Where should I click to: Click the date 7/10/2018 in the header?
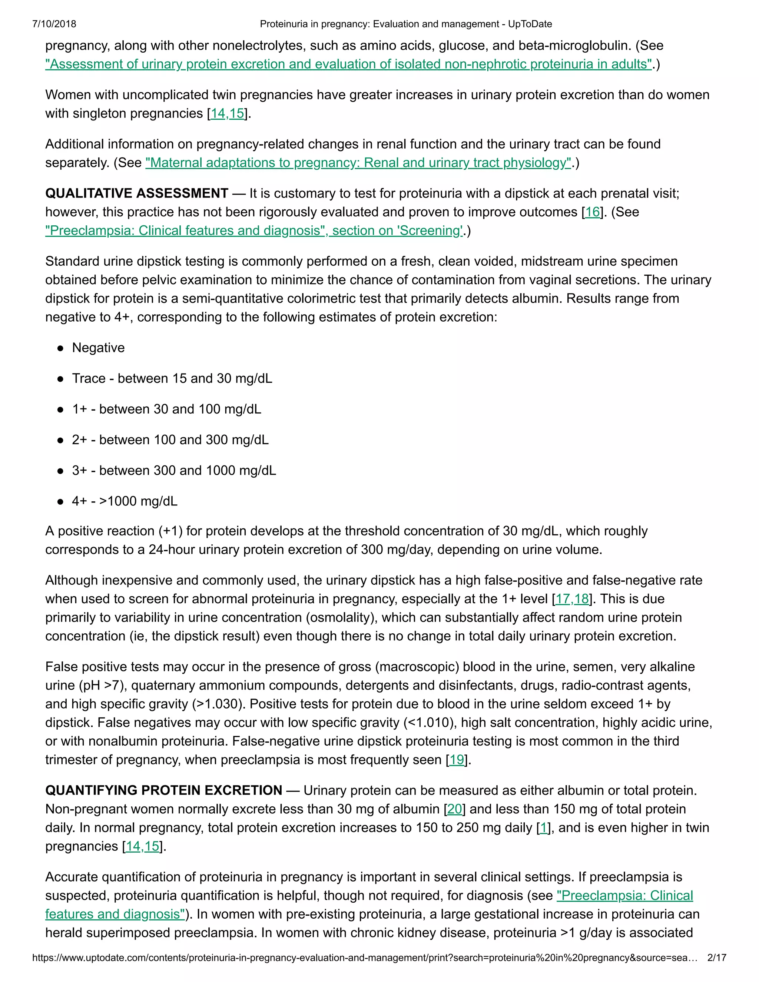click(54, 24)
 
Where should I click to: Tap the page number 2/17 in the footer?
click(717, 957)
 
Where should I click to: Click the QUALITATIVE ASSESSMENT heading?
click(137, 193)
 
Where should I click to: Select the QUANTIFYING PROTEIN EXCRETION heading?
click(164, 790)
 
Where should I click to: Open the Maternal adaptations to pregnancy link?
click(358, 162)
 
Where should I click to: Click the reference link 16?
click(592, 212)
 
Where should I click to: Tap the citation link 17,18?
click(572, 598)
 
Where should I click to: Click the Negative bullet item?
click(98, 348)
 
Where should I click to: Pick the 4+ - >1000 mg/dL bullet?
click(125, 501)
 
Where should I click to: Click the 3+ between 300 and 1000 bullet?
click(173, 470)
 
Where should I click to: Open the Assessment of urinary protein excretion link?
click(348, 64)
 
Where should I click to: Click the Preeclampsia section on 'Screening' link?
click(254, 230)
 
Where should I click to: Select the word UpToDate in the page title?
click(530, 24)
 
